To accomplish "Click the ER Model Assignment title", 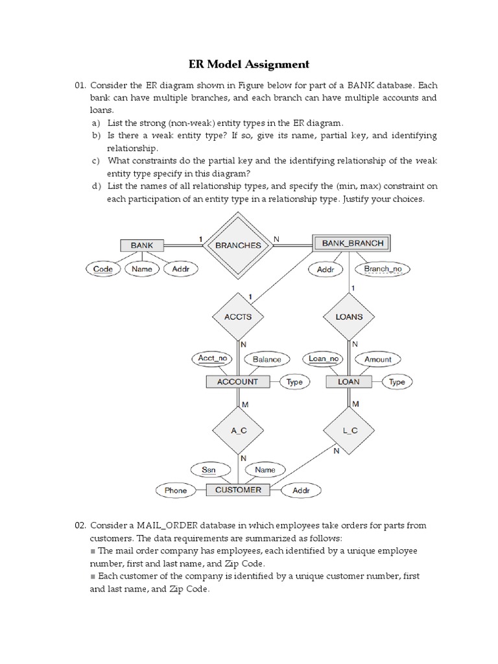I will pyautogui.click(x=249, y=64).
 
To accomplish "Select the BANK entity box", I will pyautogui.click(x=142, y=246).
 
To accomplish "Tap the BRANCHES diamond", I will pyautogui.click(x=238, y=245).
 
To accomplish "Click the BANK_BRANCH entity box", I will pyautogui.click(x=351, y=243).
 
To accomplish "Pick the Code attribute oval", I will pyautogui.click(x=103, y=268).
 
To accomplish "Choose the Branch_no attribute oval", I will pyautogui.click(x=386, y=268).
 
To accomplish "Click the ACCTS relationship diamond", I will pyautogui.click(x=237, y=317).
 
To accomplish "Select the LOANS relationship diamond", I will pyautogui.click(x=349, y=317).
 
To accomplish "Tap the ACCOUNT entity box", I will pyautogui.click(x=237, y=382).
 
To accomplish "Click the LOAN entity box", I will pyautogui.click(x=348, y=382).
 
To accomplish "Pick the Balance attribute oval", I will pyautogui.click(x=267, y=359).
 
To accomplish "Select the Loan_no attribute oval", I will pyautogui.click(x=324, y=359).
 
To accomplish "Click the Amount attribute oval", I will pyautogui.click(x=378, y=359).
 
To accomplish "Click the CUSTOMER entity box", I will pyautogui.click(x=238, y=490).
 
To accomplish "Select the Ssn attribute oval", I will pyautogui.click(x=208, y=469).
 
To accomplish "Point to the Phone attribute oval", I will pyautogui.click(x=175, y=491).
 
